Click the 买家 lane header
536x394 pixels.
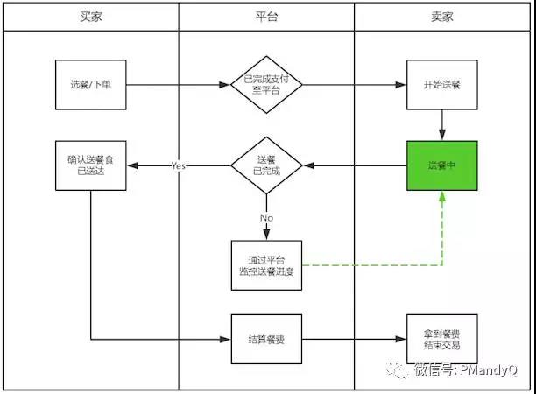91,17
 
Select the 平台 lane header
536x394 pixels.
266,17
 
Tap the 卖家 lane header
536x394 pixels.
442,17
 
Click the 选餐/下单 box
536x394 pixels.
91,86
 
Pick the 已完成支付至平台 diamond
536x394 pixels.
266,86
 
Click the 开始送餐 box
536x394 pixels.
442,86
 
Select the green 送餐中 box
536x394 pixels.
442,165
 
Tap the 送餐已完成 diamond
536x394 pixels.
266,165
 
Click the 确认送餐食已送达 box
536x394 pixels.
91,165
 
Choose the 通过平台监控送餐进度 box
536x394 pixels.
266,265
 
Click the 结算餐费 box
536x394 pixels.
266,339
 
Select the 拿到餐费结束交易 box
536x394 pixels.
442,339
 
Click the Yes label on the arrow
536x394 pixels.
179,165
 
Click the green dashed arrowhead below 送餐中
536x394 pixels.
442,198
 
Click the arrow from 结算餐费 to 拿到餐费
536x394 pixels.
355,339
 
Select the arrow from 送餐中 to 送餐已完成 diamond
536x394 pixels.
355,165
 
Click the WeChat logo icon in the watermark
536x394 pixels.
399,369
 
